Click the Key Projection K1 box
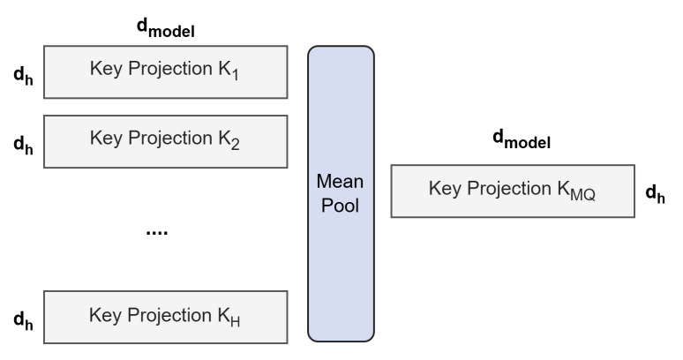166,71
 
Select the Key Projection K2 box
166,141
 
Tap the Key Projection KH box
166,317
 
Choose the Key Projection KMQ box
513,191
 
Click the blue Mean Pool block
341,194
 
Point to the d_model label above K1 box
166,28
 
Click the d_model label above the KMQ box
522,139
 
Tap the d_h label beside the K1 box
24,76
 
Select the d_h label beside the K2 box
24,145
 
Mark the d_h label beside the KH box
24,320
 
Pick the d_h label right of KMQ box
655,194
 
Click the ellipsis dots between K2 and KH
157,232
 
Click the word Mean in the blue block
340,181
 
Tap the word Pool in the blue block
341,206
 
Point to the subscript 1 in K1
236,75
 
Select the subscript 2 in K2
236,145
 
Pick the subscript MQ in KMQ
582,195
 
